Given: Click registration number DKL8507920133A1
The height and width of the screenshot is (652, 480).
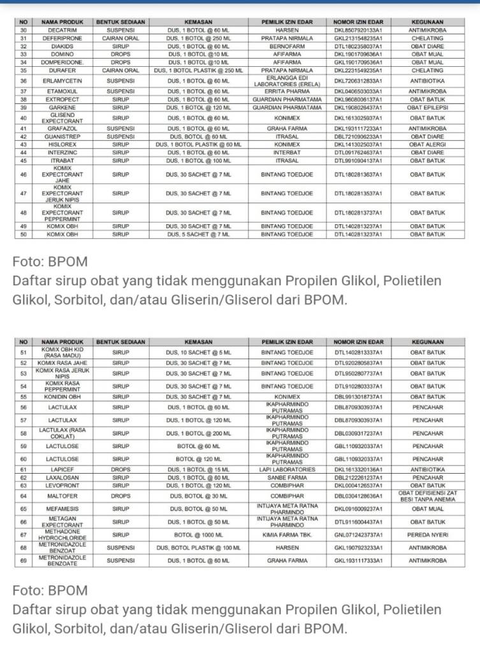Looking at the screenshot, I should [358, 30].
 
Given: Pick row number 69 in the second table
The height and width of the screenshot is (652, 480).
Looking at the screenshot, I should [24, 560].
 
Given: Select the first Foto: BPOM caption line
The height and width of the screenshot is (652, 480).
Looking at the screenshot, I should [50, 261].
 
